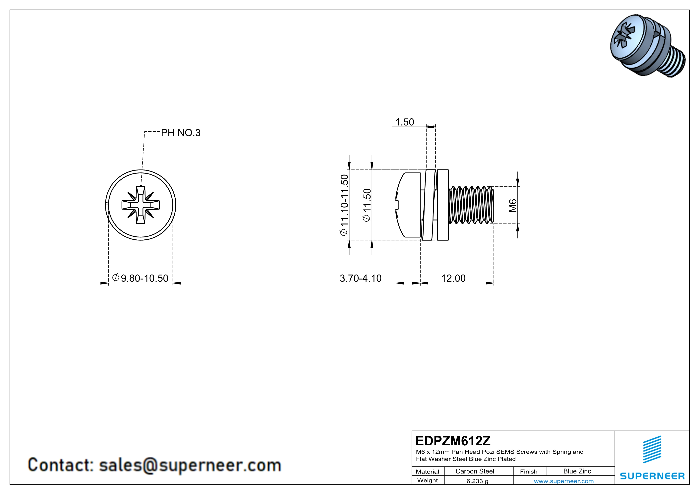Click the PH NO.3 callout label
(x=181, y=133)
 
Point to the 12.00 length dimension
(x=453, y=278)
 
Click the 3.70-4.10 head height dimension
(x=360, y=278)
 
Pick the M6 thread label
(x=513, y=205)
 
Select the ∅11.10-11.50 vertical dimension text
(x=344, y=205)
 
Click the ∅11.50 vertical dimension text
(x=367, y=205)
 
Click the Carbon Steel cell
(x=475, y=471)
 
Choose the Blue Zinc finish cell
(x=577, y=471)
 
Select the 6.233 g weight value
(x=477, y=481)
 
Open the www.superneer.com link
(x=563, y=481)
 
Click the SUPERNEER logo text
(x=652, y=476)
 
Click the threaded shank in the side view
(x=470, y=205)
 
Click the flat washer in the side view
(x=443, y=205)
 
